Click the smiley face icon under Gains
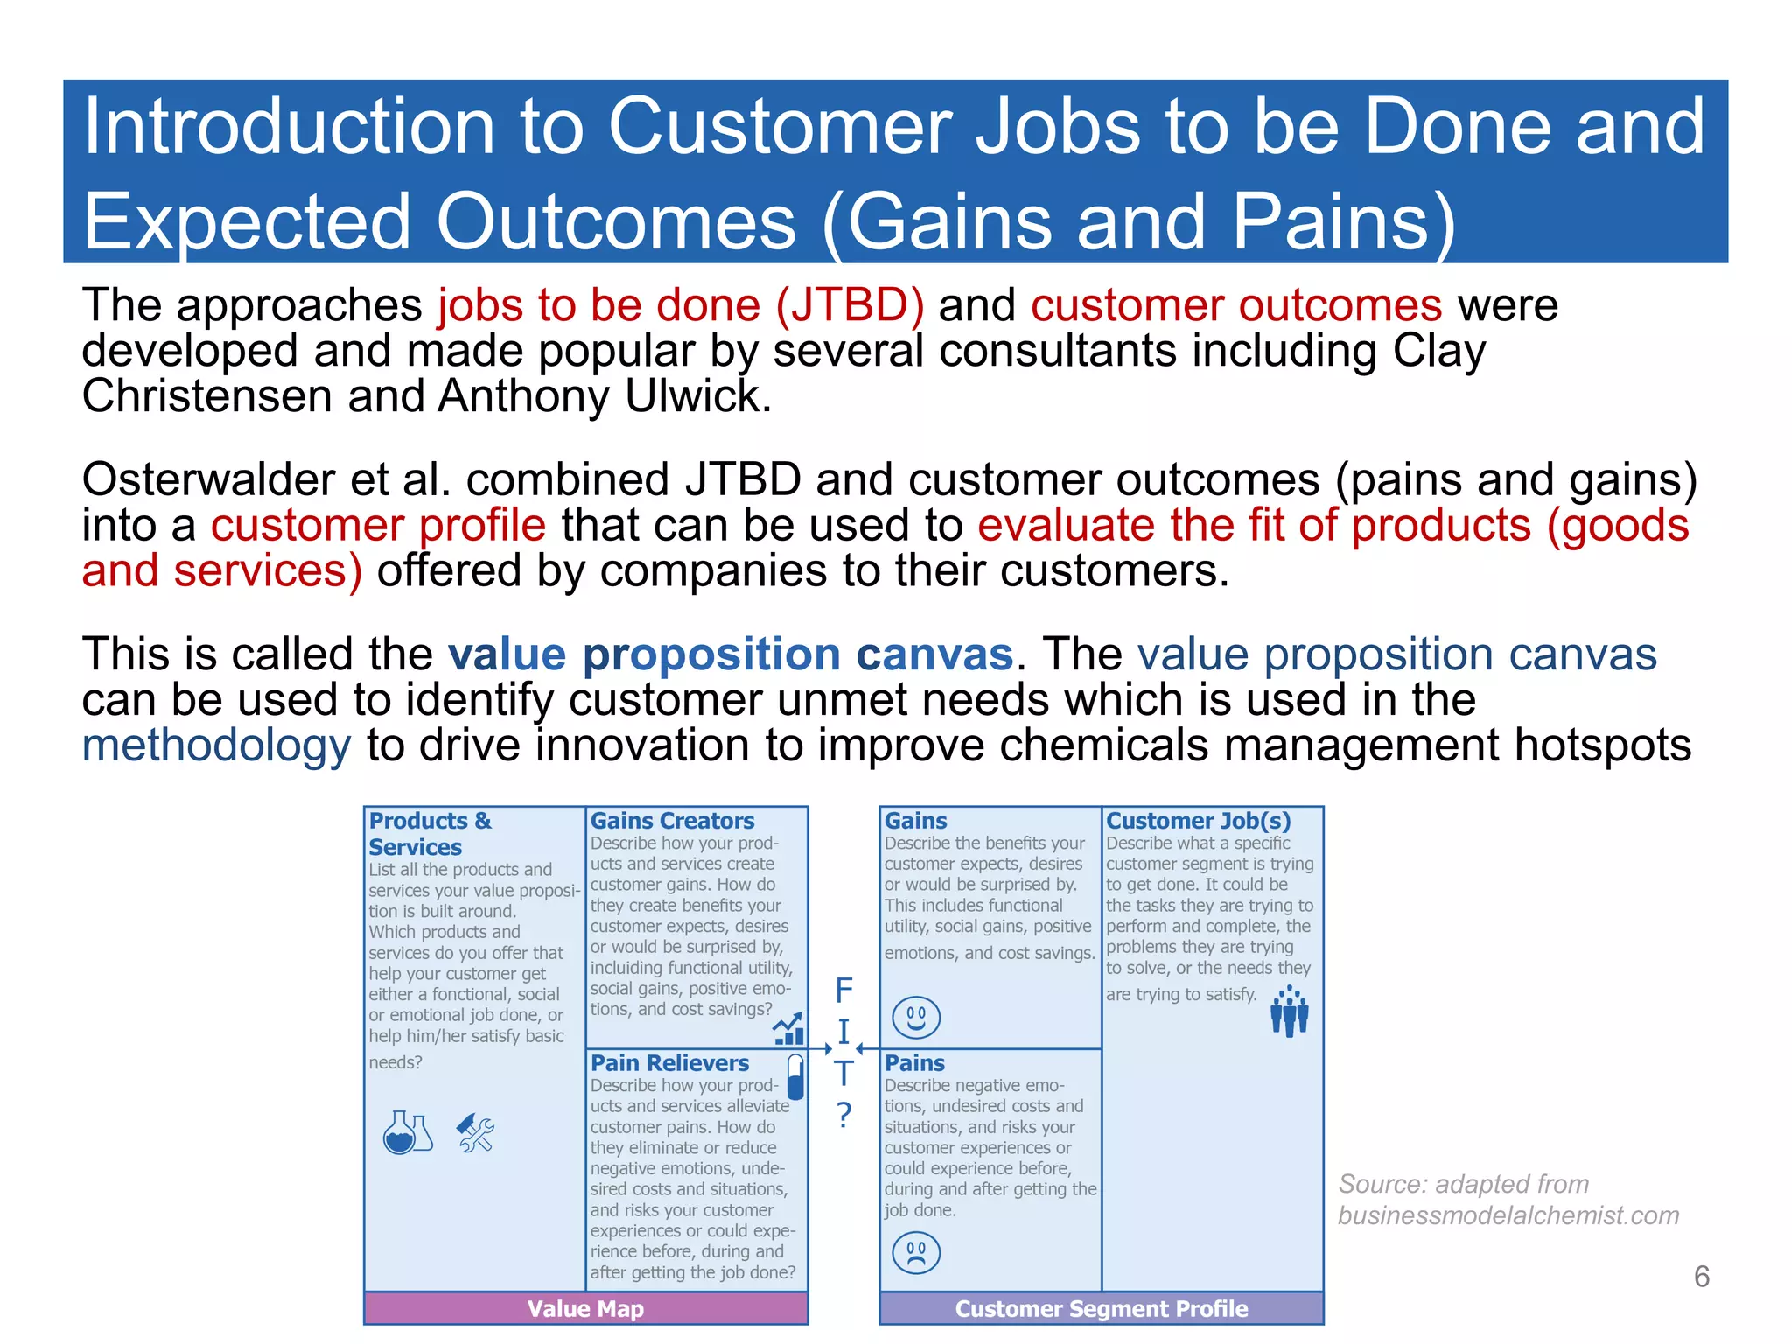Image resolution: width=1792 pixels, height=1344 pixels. [x=915, y=1018]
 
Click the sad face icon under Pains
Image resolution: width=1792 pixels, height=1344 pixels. [x=915, y=1252]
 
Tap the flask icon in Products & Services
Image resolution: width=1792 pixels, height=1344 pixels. [x=406, y=1132]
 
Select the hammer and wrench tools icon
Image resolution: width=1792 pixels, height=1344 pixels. [x=476, y=1133]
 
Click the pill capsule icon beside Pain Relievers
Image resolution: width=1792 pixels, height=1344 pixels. [x=795, y=1076]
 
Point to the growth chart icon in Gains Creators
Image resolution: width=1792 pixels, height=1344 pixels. [x=788, y=1029]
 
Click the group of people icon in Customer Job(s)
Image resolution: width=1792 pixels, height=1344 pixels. [x=1289, y=1011]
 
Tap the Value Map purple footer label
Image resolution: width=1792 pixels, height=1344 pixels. [x=585, y=1309]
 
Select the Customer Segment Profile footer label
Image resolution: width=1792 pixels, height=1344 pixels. [x=1101, y=1309]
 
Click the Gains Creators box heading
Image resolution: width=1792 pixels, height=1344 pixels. [x=672, y=821]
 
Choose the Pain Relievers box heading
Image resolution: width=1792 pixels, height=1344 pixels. [x=669, y=1063]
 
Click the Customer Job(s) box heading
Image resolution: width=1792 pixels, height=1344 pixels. [x=1198, y=821]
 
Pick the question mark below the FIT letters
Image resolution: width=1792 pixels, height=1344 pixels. [x=843, y=1115]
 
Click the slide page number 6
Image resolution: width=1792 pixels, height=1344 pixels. [x=1701, y=1277]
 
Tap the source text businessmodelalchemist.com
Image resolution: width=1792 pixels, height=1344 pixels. [x=1508, y=1215]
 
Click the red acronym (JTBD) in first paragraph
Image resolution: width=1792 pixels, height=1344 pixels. [x=850, y=305]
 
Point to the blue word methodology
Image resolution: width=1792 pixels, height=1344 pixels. [x=216, y=745]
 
